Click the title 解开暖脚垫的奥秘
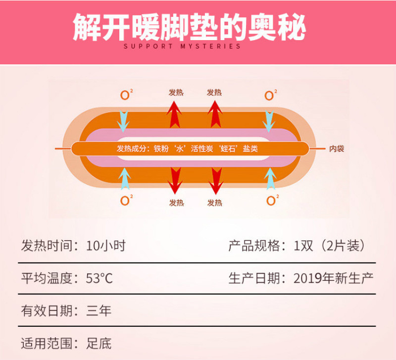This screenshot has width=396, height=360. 190,27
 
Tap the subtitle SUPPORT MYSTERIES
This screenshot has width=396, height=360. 182,46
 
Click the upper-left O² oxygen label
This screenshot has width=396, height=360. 127,95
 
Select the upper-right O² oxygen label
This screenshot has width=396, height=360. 270,95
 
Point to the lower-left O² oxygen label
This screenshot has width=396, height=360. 127,200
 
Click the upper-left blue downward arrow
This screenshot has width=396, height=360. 123,121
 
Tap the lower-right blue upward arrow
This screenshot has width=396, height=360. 270,179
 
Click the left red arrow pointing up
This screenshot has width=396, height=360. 174,114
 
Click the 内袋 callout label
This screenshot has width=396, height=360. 337,149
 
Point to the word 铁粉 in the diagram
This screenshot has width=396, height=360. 161,149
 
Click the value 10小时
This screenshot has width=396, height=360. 106,245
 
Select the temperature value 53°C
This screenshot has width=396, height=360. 99,278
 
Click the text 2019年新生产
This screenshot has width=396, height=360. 333,278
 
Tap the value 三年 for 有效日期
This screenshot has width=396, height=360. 99,311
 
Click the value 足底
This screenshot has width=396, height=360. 99,343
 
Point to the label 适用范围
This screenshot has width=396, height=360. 47,343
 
